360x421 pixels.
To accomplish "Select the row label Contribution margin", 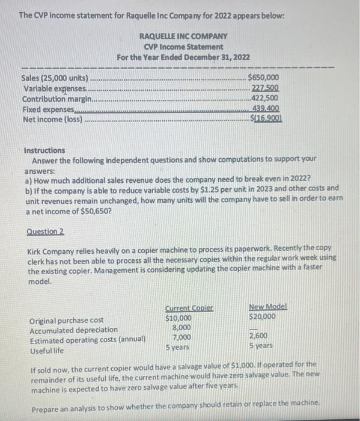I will (x=57, y=99).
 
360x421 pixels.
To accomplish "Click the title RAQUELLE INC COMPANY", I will (x=183, y=36).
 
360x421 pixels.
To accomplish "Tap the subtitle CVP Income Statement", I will (x=183, y=46).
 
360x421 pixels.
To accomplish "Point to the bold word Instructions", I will (x=45, y=150).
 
